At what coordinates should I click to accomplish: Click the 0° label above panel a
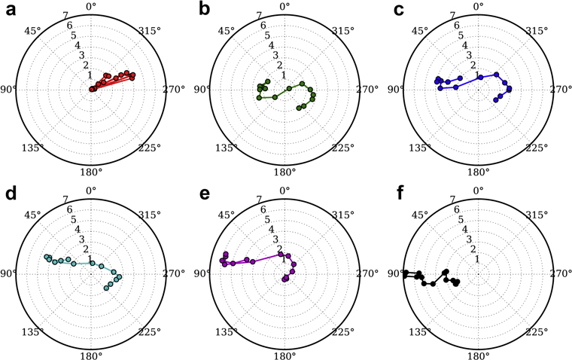[x=92, y=7]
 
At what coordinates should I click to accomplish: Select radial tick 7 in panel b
[x=258, y=15]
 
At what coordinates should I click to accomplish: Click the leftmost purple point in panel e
[x=222, y=261]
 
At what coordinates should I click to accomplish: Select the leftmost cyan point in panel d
[x=45, y=257]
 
